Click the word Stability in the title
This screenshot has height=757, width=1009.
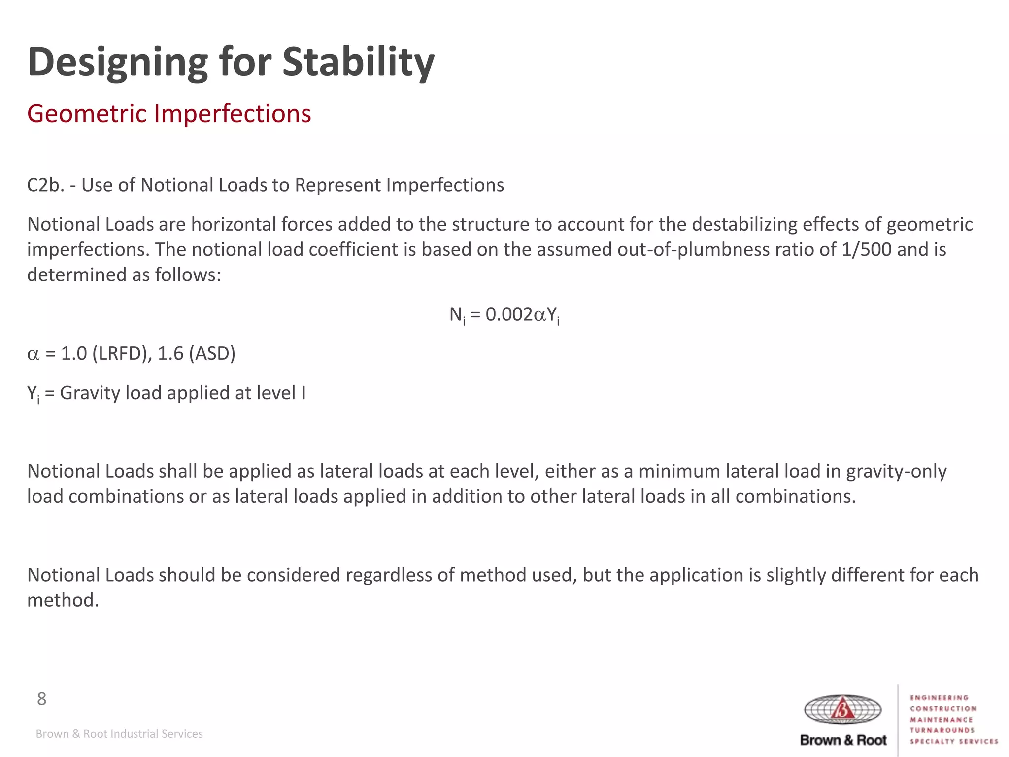[x=358, y=63]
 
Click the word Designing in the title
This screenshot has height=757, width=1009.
[x=118, y=63]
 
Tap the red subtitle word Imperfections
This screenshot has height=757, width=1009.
[x=232, y=114]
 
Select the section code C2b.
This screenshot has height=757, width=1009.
[x=45, y=185]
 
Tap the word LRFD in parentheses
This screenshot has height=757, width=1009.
[x=119, y=354]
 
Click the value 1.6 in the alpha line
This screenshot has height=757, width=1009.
[x=170, y=354]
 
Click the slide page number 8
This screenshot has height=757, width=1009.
[x=41, y=699]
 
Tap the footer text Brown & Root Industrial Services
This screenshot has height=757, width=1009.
[x=119, y=734]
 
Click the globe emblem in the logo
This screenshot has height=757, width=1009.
[x=842, y=710]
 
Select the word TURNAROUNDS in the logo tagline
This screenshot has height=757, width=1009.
[x=942, y=730]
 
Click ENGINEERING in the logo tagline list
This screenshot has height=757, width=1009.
[x=939, y=698]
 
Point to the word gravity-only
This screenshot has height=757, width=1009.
[x=896, y=472]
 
